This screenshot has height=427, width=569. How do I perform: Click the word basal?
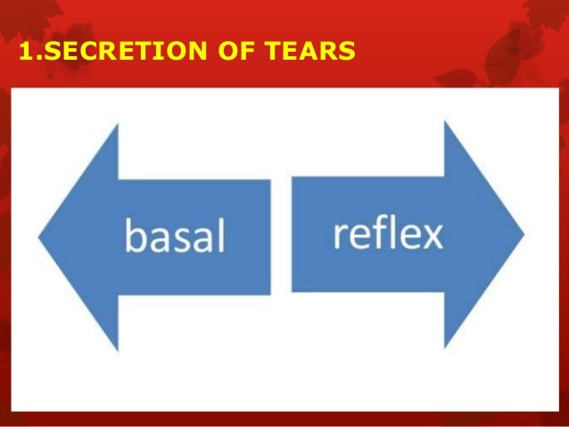pos(175,237)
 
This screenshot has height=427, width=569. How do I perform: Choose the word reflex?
pos(388,234)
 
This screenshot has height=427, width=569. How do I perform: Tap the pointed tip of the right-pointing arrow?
pos(524,235)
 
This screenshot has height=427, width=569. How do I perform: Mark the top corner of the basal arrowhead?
pos(118,124)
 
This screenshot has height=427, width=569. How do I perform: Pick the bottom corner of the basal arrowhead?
pos(118,349)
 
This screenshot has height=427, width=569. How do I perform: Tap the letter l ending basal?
pos(221,234)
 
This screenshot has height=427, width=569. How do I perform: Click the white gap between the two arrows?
pos(281,235)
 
